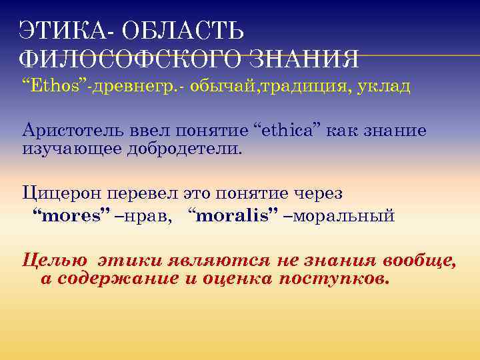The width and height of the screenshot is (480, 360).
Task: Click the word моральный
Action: tap(344, 216)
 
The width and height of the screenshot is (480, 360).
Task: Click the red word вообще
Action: tap(419, 260)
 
